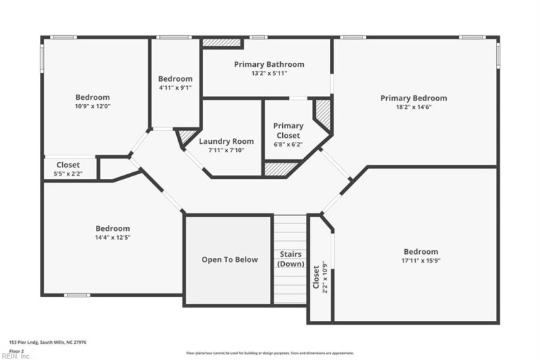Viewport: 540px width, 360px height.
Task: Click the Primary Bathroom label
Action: point(269,64)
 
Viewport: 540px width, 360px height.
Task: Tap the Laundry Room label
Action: point(226,141)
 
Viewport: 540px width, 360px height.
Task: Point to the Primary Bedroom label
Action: point(413,98)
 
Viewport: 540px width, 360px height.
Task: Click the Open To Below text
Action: point(230,259)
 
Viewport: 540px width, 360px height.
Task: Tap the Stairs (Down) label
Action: point(291,259)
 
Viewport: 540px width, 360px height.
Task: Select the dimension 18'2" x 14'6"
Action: point(413,107)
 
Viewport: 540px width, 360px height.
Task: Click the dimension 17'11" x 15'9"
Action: point(421,260)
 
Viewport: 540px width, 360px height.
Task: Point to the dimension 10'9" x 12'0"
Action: point(92,106)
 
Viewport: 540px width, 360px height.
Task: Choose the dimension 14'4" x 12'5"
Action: point(113,237)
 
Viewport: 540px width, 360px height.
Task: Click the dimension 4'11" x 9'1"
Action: point(175,87)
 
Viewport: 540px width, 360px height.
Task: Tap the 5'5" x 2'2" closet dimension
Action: point(67,174)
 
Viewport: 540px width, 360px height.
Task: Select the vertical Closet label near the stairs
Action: point(316,277)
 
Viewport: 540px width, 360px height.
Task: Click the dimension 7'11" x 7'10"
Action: point(226,150)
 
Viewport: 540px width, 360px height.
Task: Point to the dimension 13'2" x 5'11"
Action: point(269,73)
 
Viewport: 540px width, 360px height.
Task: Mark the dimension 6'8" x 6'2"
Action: point(288,144)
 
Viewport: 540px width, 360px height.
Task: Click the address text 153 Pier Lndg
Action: point(47,342)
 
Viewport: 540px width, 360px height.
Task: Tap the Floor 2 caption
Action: point(17,351)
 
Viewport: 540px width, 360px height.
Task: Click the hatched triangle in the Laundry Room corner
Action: point(184,137)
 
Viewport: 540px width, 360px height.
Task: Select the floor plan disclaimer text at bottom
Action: point(270,353)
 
